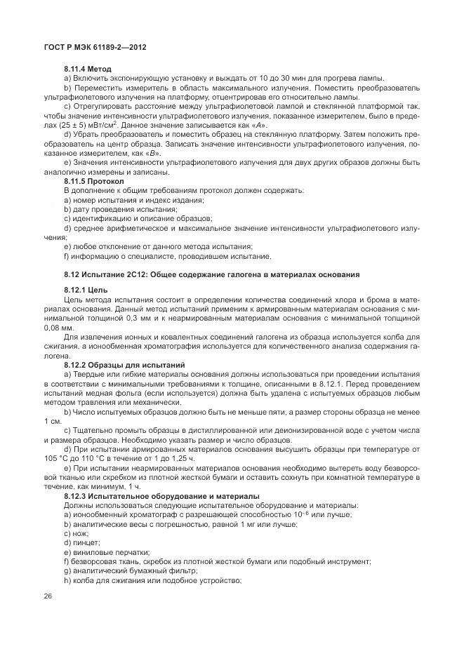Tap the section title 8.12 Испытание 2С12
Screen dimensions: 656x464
[211, 274]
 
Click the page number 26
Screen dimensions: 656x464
[48, 596]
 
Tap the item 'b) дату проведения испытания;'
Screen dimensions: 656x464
[120, 209]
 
